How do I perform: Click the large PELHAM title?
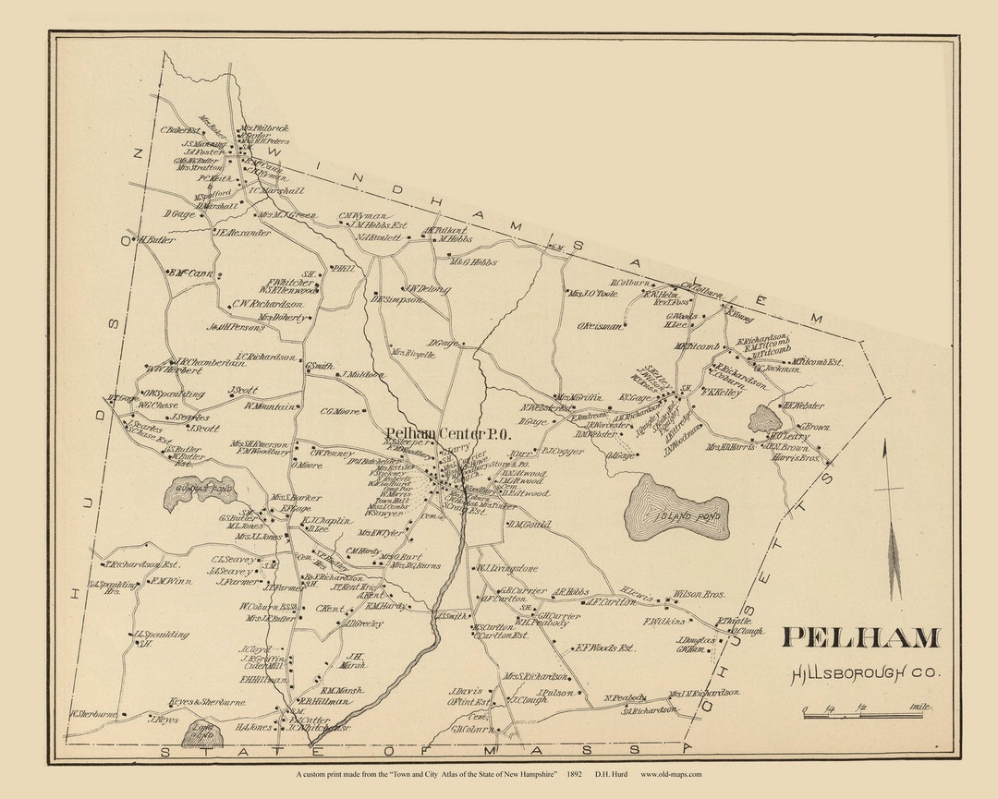860,638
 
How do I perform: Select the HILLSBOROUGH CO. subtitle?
865,673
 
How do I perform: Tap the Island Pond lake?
677,509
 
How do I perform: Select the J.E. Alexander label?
243,233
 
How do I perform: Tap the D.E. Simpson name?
396,299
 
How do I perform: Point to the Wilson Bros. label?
700,595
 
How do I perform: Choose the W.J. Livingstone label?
506,568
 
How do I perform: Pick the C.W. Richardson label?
267,303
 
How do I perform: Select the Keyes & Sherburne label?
208,702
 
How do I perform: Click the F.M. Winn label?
171,581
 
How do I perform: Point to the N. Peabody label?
626,697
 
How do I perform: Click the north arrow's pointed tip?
885,442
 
